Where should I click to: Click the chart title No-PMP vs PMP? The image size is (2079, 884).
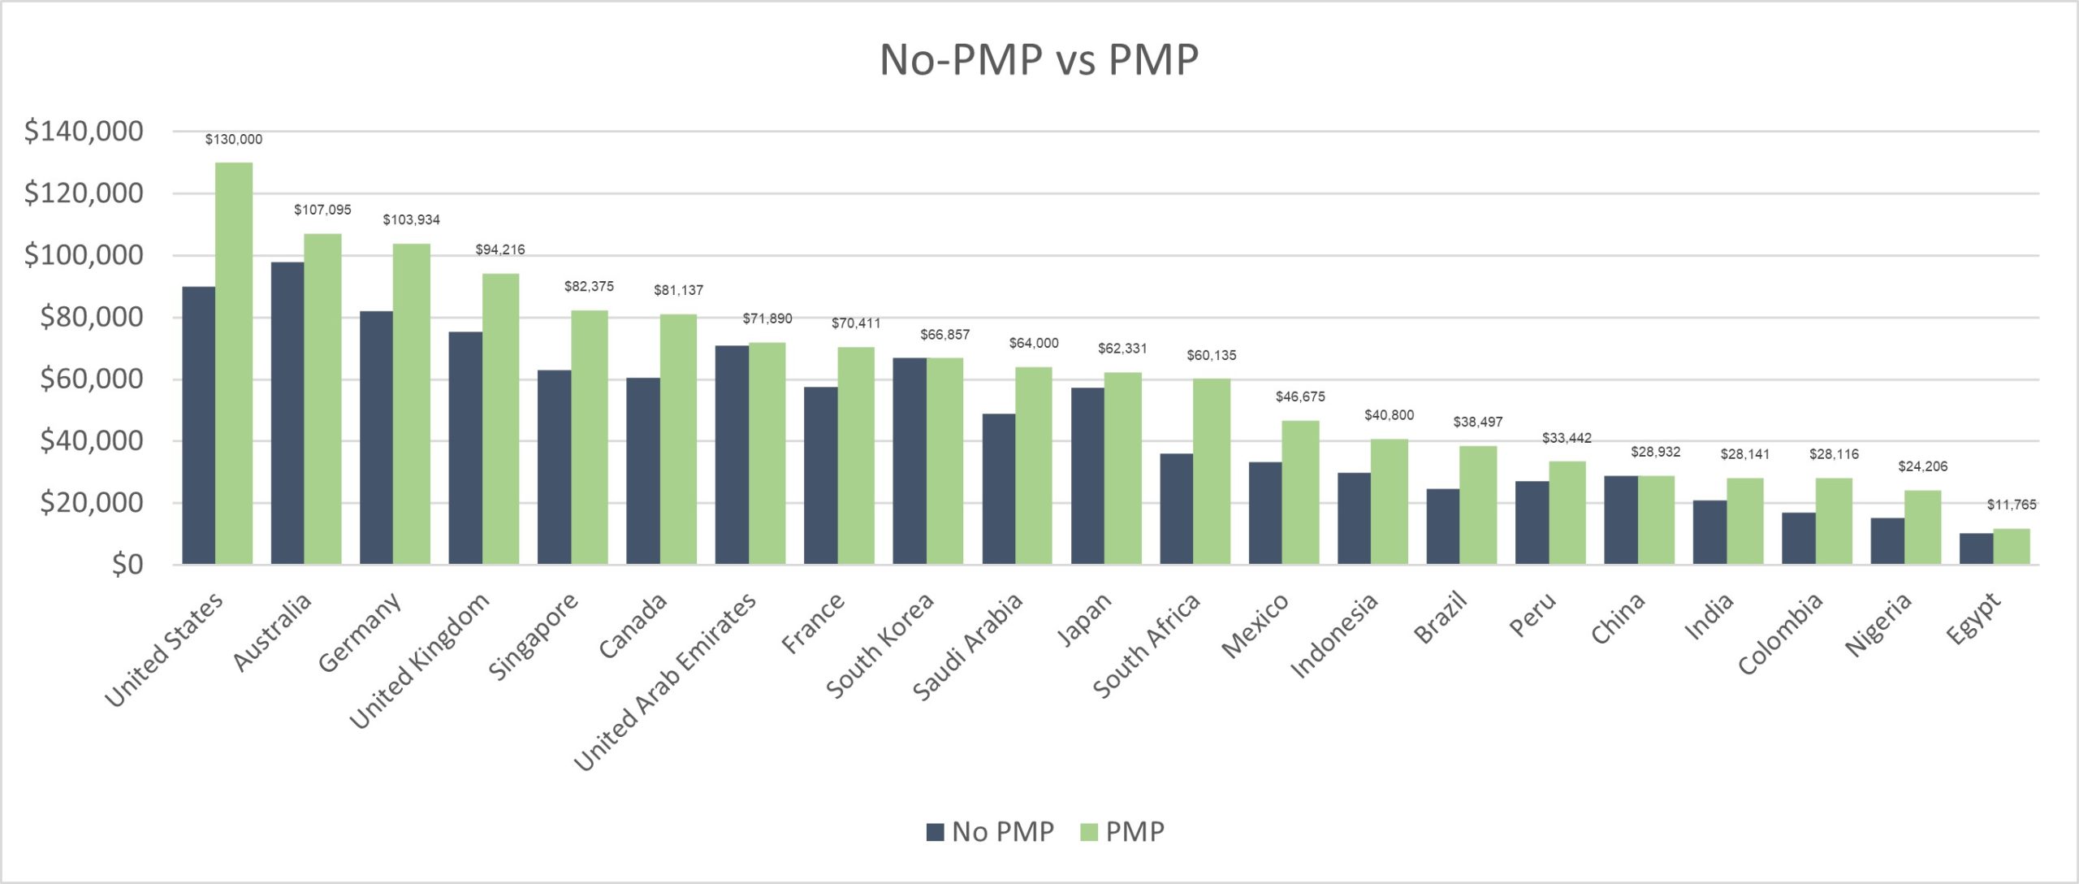tap(1039, 59)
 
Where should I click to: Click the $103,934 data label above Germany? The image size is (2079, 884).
tap(411, 220)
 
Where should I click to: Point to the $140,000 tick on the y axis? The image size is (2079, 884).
tap(84, 131)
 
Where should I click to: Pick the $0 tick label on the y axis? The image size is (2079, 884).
tap(128, 564)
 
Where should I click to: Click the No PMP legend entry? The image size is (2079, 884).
tap(990, 831)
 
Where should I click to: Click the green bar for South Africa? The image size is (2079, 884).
tap(1211, 471)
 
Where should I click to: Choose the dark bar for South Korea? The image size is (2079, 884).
tap(910, 461)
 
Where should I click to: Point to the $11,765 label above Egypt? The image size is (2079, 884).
tap(2011, 505)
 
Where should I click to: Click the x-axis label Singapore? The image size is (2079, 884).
tap(534, 636)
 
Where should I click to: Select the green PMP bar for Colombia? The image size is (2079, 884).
tap(1833, 521)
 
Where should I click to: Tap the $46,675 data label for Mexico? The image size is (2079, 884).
tap(1299, 396)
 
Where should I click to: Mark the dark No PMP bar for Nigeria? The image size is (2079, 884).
tap(1887, 540)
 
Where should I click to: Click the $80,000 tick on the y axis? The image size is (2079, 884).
tap(92, 317)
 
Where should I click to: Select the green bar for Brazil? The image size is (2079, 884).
tap(1477, 505)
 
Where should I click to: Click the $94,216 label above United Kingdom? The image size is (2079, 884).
tap(499, 249)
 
